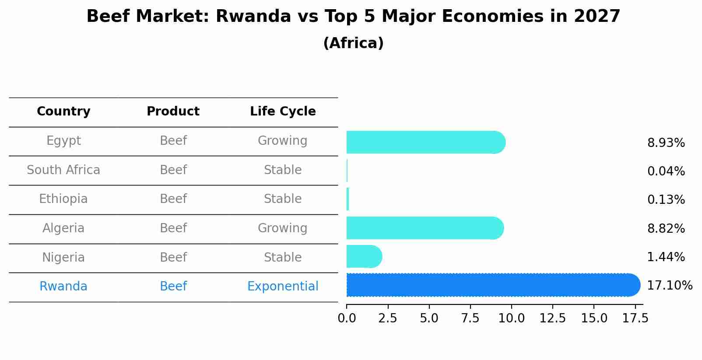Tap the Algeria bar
click(425, 228)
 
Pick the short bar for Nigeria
click(364, 256)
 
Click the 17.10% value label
click(669, 286)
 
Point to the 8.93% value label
click(666, 143)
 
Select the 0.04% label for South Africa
click(666, 171)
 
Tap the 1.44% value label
click(666, 257)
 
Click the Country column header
click(63, 112)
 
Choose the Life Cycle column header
click(283, 112)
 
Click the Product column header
click(173, 112)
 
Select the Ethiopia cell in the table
click(63, 199)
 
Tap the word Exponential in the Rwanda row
click(283, 287)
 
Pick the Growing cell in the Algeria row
click(282, 228)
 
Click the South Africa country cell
click(63, 170)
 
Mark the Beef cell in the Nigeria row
click(173, 258)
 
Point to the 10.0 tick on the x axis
click(511, 318)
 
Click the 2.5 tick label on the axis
click(387, 318)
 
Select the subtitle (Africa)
click(353, 43)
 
